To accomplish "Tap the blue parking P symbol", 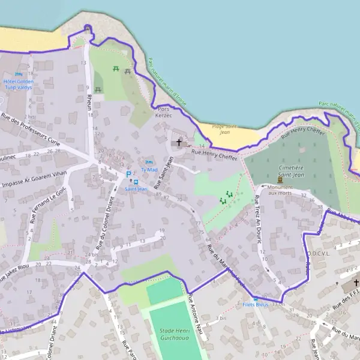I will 128,174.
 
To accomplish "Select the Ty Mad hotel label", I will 149,170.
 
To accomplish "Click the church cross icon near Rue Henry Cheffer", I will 178,143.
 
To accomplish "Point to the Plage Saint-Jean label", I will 225,129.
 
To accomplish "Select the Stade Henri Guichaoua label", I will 173,334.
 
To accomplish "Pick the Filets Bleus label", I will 256,305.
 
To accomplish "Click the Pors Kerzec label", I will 164,112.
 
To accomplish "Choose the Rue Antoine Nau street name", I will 197,311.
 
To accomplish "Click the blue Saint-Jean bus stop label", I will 136,189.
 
